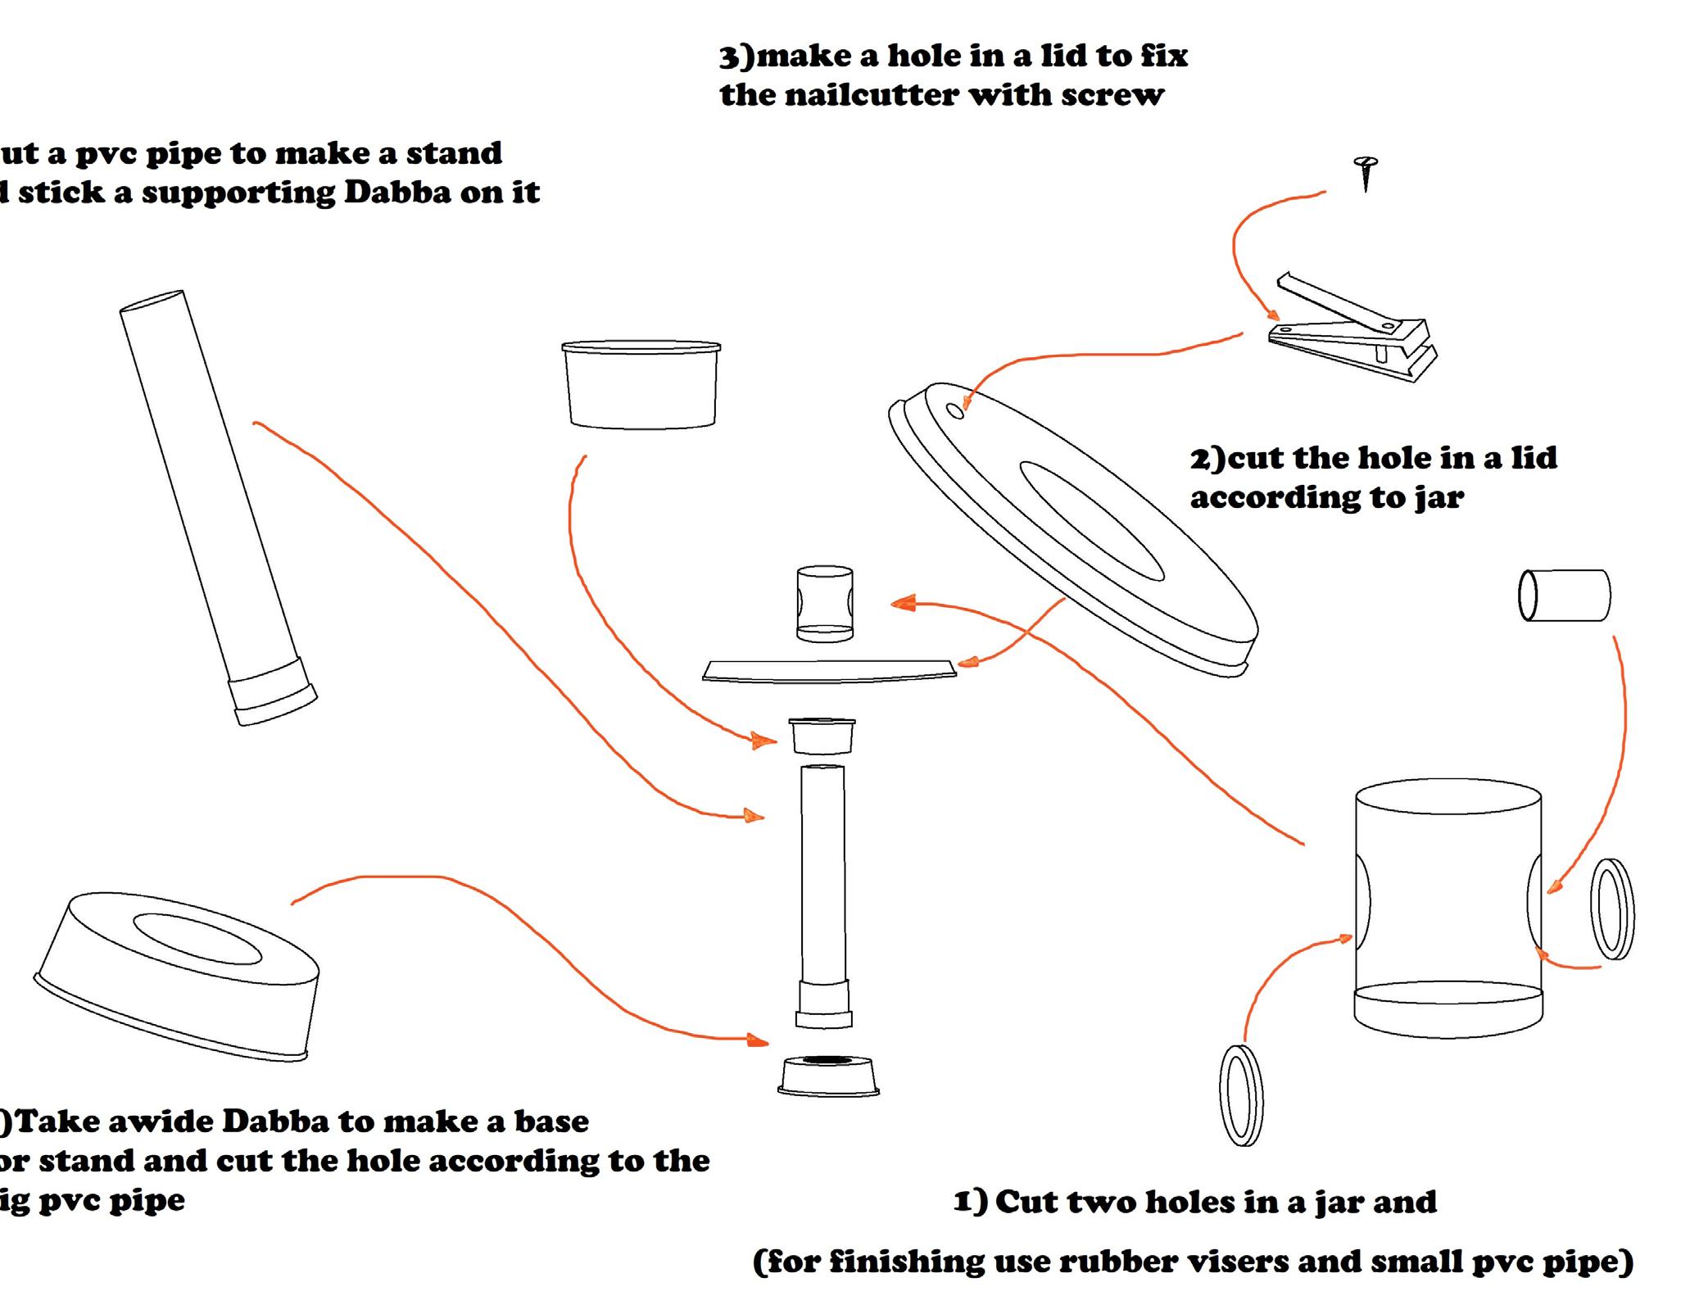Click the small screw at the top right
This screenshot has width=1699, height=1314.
(1365, 171)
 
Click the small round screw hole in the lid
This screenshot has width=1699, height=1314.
(955, 410)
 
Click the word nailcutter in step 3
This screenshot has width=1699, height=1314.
(872, 96)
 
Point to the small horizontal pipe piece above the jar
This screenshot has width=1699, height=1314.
(1564, 595)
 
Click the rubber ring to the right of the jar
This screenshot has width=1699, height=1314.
(1611, 908)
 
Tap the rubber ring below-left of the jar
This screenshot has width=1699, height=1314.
(1240, 1094)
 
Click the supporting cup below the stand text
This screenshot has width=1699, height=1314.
(641, 384)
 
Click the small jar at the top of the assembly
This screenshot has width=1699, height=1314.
(824, 602)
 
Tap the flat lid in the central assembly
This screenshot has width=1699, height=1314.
(829, 670)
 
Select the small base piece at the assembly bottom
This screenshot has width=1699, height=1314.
(828, 1075)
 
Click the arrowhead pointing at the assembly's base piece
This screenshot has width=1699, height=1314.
(757, 1040)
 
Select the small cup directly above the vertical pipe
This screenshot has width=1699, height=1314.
(822, 736)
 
